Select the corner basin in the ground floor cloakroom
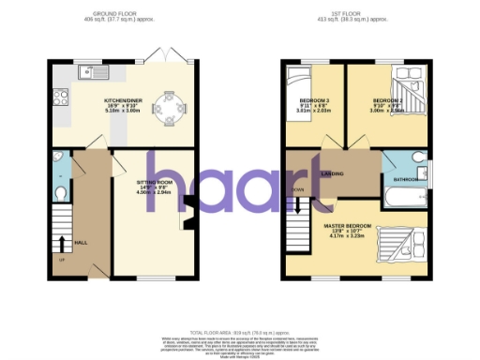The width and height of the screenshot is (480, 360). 58,158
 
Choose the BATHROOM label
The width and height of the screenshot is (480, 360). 406,178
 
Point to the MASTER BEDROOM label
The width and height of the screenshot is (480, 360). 347,226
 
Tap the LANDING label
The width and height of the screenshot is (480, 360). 333,173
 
